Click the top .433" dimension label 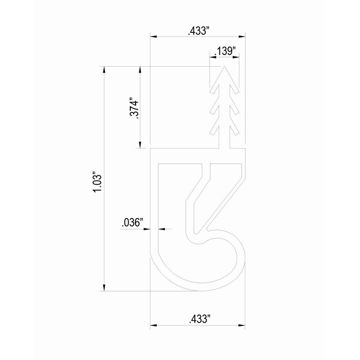(198, 31)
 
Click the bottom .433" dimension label (198, 319)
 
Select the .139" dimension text (225, 51)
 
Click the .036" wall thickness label (132, 222)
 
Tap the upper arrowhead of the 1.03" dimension (105, 70)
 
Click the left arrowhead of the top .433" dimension (153, 37)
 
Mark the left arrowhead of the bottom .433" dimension (153, 325)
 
